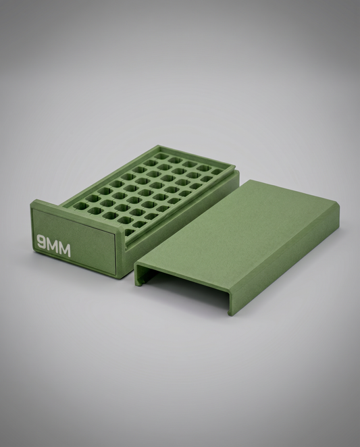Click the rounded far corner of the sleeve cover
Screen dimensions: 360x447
(x=336, y=204)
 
